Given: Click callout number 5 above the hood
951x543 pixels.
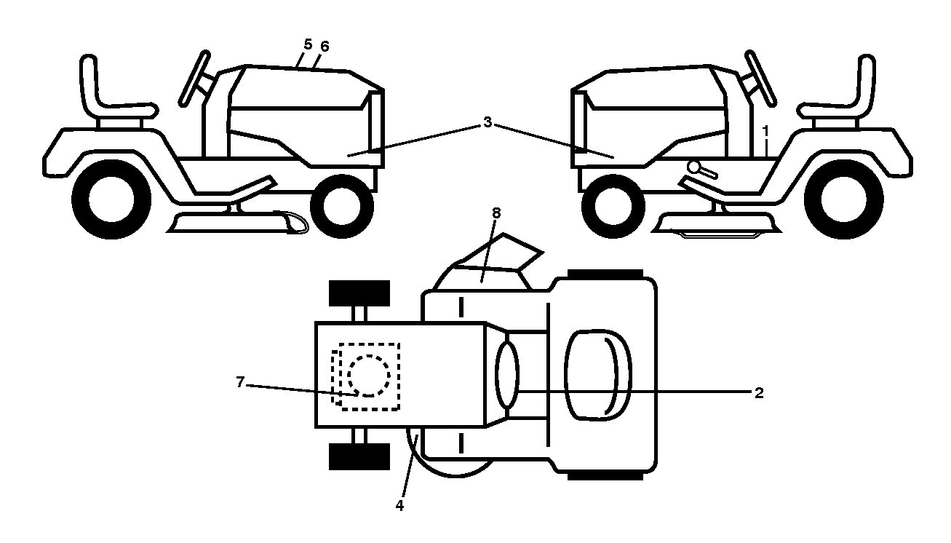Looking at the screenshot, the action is click(x=309, y=44).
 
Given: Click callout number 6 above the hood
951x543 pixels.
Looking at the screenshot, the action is click(x=325, y=47).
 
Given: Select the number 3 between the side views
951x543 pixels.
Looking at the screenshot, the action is click(x=488, y=122).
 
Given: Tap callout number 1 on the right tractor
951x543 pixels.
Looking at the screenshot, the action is click(x=765, y=131).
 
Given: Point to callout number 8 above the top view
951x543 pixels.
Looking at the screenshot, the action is click(x=496, y=213).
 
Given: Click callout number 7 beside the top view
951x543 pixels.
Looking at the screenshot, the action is click(x=240, y=382).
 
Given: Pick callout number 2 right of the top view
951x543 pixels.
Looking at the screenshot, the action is click(x=759, y=393).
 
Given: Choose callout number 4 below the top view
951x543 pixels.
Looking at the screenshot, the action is click(x=399, y=506).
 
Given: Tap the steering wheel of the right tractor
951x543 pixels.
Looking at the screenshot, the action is click(x=761, y=78).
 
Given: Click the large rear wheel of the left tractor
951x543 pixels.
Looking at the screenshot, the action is click(x=111, y=199).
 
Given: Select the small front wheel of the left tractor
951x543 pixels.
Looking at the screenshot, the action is click(x=342, y=206).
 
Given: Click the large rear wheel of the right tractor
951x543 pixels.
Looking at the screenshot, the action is click(x=843, y=199).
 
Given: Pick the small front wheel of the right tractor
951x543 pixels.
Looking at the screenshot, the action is click(x=613, y=206).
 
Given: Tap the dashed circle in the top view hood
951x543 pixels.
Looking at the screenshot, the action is click(x=368, y=376).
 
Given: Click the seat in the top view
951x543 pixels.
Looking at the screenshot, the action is click(x=598, y=375).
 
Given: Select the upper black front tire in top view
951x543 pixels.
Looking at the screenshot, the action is click(x=359, y=293).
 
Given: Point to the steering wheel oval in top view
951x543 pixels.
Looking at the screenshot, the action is click(x=507, y=375).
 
